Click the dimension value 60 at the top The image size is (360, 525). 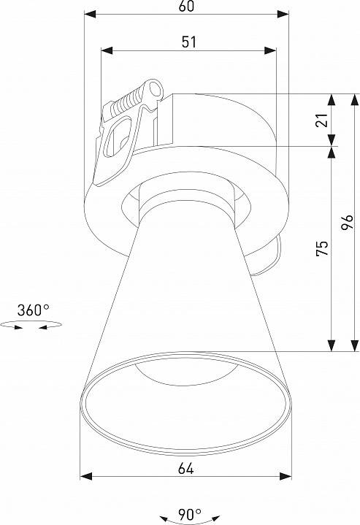pyautogui.click(x=186, y=7)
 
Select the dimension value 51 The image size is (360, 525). pyautogui.click(x=188, y=42)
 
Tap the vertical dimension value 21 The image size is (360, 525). pyautogui.click(x=321, y=120)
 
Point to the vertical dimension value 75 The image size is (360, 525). pyautogui.click(x=321, y=248)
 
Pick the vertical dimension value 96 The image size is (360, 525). pyautogui.click(x=348, y=223)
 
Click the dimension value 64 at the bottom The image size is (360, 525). pyautogui.click(x=185, y=468)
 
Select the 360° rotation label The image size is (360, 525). pyautogui.click(x=33, y=310)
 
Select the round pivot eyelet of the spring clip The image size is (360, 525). pyautogui.click(x=155, y=90)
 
